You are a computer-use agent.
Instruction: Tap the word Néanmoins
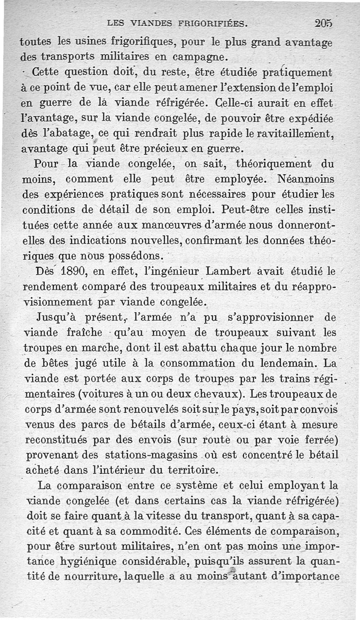point(306,180)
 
